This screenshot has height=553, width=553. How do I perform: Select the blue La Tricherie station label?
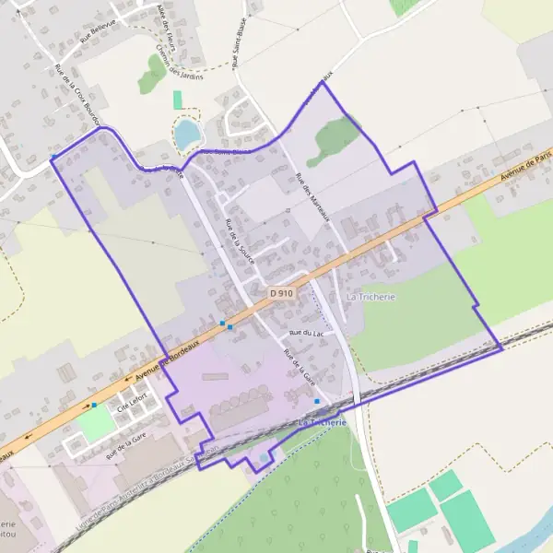323,421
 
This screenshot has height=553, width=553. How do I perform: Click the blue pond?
188,135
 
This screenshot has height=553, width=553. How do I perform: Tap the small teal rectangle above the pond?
177,100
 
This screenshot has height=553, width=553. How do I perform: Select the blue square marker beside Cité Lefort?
94,405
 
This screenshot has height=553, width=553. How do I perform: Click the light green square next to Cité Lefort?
94,424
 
